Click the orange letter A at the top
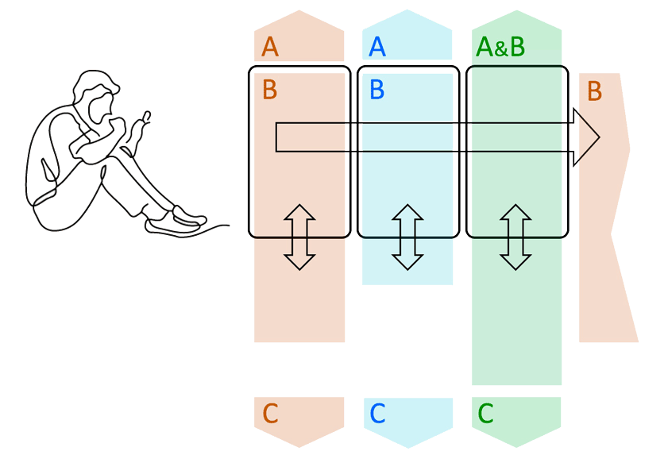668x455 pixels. pyautogui.click(x=270, y=48)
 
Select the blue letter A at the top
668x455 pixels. pyautogui.click(x=377, y=48)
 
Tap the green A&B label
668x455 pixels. pyautogui.click(x=500, y=48)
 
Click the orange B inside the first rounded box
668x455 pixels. pyautogui.click(x=270, y=90)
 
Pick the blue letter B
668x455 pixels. pyautogui.click(x=377, y=90)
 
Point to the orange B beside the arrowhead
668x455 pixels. pyautogui.click(x=594, y=91)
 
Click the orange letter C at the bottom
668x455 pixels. pyautogui.click(x=270, y=414)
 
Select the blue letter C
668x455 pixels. pyautogui.click(x=377, y=414)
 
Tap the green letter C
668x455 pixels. pyautogui.click(x=485, y=414)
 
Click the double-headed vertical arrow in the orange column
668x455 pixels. pyautogui.click(x=299, y=237)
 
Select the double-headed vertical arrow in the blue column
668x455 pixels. pyautogui.click(x=407, y=237)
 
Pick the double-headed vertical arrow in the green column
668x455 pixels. pyautogui.click(x=515, y=237)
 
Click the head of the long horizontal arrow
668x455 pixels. pyautogui.click(x=586, y=137)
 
